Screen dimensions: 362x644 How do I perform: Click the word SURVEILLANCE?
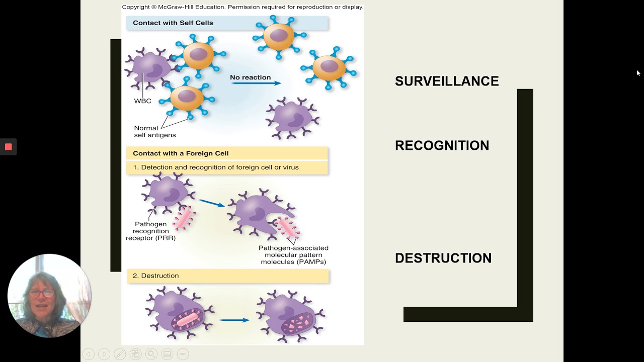pyautogui.click(x=447, y=81)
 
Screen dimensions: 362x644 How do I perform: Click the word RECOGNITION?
pyautogui.click(x=442, y=145)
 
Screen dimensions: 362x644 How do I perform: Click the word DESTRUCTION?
pyautogui.click(x=443, y=258)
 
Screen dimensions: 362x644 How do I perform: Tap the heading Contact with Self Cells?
pyautogui.click(x=173, y=23)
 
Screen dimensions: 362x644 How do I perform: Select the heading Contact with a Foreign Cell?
pyautogui.click(x=180, y=153)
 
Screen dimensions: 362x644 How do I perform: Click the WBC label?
pyautogui.click(x=142, y=101)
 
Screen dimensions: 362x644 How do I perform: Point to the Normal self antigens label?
pyautogui.click(x=154, y=131)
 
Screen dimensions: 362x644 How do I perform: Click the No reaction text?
pyautogui.click(x=250, y=77)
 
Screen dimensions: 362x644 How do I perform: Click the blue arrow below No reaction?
pyautogui.click(x=256, y=83)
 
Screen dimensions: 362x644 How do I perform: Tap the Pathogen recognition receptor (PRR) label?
pyautogui.click(x=150, y=231)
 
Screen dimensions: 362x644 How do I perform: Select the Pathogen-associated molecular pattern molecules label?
pyautogui.click(x=293, y=255)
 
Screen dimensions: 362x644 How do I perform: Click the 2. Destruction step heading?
pyautogui.click(x=155, y=276)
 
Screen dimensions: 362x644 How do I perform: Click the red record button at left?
pyautogui.click(x=9, y=147)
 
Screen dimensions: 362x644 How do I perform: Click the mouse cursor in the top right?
pyautogui.click(x=638, y=73)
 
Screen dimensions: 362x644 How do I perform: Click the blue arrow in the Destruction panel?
pyautogui.click(x=234, y=320)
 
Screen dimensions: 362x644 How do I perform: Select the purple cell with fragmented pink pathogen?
pyautogui.click(x=290, y=317)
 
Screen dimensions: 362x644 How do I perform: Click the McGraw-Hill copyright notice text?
pyautogui.click(x=243, y=7)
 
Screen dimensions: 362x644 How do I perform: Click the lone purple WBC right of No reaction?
pyautogui.click(x=292, y=119)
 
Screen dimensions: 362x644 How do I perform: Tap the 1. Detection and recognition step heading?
pyautogui.click(x=215, y=167)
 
